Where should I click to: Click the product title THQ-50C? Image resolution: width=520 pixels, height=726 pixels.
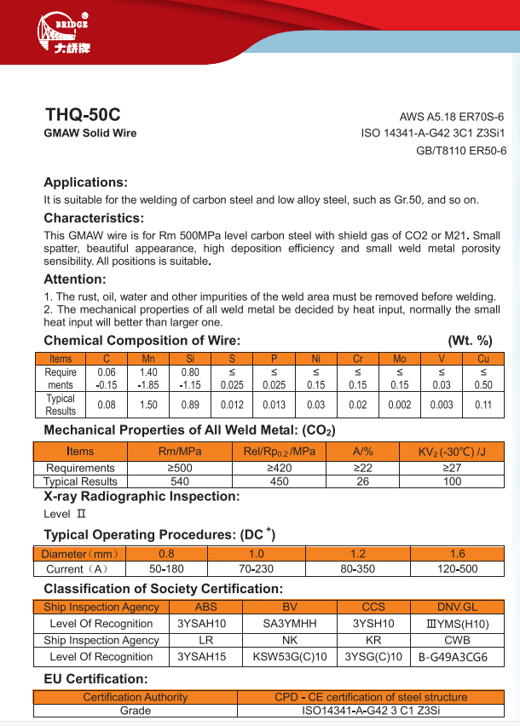point(83,114)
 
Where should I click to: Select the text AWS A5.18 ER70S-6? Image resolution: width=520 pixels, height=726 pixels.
point(453,117)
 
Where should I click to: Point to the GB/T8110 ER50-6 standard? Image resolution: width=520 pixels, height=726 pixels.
point(461,151)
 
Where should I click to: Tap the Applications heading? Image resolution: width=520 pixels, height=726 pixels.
point(85,182)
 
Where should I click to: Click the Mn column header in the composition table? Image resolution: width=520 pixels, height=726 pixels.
point(148,359)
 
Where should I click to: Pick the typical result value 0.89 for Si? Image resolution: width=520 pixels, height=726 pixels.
point(190,405)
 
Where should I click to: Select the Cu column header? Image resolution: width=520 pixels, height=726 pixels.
point(483,359)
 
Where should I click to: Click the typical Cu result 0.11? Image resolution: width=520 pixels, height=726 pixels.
point(483,405)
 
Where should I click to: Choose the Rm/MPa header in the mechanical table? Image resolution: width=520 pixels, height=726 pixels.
point(181,451)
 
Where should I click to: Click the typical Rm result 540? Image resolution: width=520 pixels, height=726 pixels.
point(181,481)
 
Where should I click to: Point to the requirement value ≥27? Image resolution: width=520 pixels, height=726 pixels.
point(452,468)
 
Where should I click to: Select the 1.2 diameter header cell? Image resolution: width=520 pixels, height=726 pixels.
point(358,554)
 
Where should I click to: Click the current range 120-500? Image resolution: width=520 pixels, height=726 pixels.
point(457,568)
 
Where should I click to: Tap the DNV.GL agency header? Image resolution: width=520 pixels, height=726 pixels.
point(457,607)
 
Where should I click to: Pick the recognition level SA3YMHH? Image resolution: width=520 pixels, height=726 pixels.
point(290,624)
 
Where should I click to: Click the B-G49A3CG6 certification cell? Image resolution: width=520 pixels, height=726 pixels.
point(453,657)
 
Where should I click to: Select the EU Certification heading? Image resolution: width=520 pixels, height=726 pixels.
point(95,679)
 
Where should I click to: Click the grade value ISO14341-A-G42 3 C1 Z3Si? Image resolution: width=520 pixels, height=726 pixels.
point(371,711)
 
